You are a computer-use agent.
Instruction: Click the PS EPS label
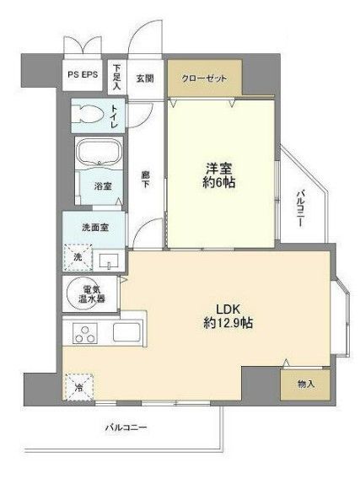click(x=83, y=75)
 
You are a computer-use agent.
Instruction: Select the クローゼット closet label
click(x=205, y=78)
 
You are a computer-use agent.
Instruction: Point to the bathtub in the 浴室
click(x=99, y=153)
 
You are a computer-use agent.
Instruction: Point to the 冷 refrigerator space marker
click(x=79, y=388)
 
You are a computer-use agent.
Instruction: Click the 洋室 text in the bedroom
click(x=218, y=167)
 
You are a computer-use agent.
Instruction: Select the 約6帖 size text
click(x=218, y=182)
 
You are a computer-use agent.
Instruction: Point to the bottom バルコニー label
click(x=126, y=428)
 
